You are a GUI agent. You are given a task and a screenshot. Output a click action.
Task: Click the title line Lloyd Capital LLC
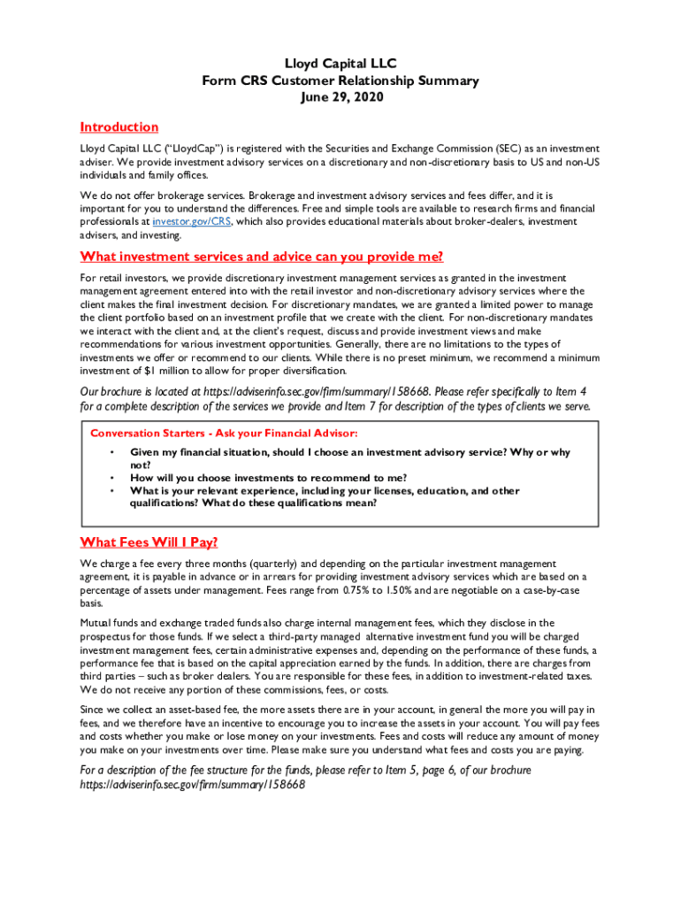click(x=340, y=64)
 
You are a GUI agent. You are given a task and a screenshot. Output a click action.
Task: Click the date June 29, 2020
click(x=340, y=97)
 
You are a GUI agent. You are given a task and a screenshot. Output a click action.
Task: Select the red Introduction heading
click(x=119, y=127)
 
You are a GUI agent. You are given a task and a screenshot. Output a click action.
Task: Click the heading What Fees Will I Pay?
click(x=149, y=542)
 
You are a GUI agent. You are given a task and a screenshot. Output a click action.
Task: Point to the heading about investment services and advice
click(x=261, y=257)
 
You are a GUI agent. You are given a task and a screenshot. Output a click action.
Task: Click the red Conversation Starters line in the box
click(x=224, y=434)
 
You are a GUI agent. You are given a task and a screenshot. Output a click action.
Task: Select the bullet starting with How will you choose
click(x=268, y=478)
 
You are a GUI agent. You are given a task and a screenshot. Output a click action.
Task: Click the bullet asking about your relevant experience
click(x=325, y=491)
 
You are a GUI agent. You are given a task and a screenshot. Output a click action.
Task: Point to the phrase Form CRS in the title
click(x=233, y=81)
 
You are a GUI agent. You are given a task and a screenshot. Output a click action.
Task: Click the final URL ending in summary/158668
click(x=192, y=785)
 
